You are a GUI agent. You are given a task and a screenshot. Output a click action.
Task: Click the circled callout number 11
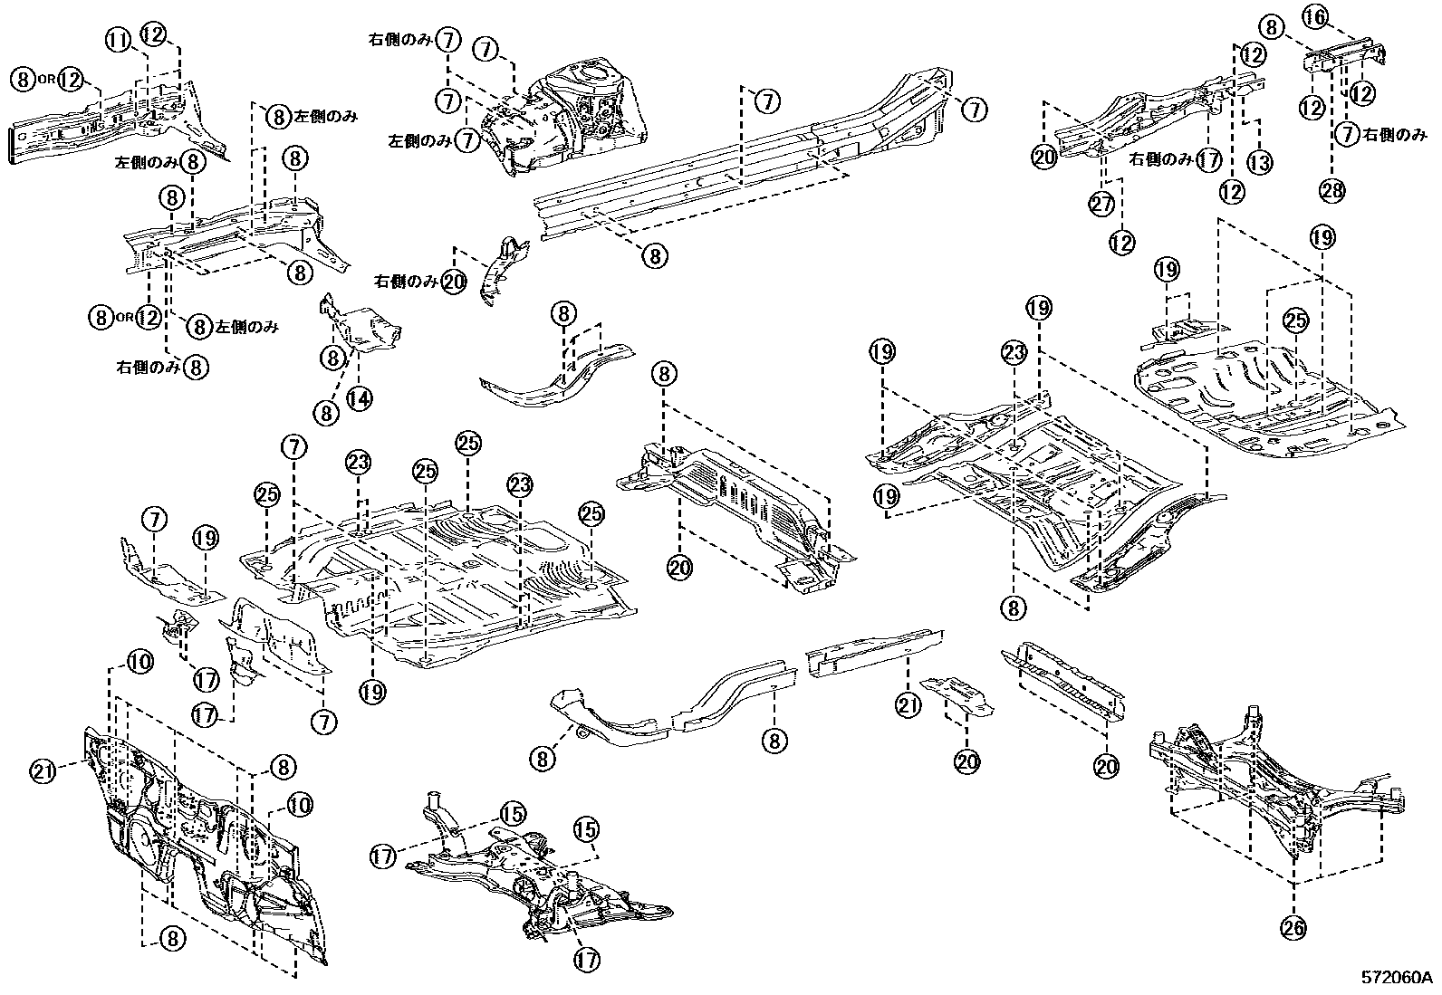(117, 39)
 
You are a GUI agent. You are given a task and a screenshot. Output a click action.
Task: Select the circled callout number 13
(1259, 162)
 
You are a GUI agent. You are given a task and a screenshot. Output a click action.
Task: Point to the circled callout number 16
(1315, 15)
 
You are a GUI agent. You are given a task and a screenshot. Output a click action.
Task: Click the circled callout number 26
(1293, 926)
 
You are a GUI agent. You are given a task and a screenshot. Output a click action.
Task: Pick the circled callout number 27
(1101, 205)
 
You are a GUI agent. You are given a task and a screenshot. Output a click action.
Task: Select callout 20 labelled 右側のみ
(454, 282)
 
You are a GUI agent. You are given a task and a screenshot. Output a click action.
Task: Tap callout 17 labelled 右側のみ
(1210, 160)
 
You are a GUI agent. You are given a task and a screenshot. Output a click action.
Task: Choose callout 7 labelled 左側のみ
(466, 140)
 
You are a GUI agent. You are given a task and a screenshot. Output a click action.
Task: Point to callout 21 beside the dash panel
(42, 770)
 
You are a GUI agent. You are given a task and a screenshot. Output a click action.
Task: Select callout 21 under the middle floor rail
(907, 702)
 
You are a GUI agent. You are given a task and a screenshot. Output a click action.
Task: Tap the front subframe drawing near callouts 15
(534, 869)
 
